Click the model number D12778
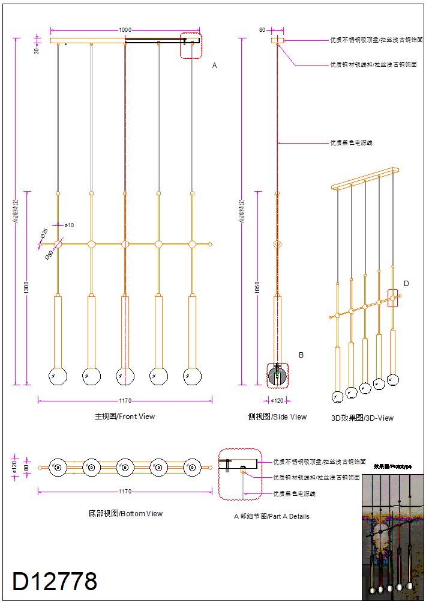(x=55, y=581)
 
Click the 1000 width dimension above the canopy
(x=125, y=29)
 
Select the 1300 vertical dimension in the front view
(x=26, y=288)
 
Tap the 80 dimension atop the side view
(x=262, y=29)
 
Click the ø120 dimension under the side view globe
(x=277, y=400)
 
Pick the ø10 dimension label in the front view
(x=69, y=225)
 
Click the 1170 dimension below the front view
(x=125, y=400)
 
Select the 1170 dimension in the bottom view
(x=125, y=492)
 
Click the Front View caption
(x=125, y=416)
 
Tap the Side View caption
(x=277, y=416)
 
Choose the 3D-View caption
(x=362, y=418)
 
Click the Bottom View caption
(x=125, y=514)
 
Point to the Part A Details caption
(x=271, y=516)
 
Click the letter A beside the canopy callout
(x=214, y=65)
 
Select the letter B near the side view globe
(x=301, y=355)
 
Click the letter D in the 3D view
(x=406, y=284)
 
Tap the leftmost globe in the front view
(x=58, y=376)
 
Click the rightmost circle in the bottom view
(x=192, y=468)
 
